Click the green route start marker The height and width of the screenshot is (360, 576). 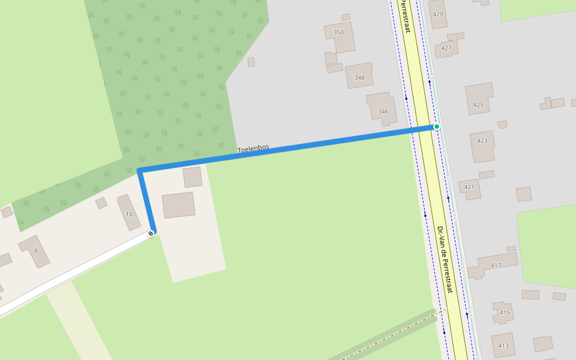tap(437, 127)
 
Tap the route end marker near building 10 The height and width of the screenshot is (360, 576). tap(151, 233)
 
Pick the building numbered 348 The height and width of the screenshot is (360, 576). tap(359, 76)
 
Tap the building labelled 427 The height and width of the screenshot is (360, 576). tap(446, 47)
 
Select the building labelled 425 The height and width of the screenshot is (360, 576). tap(479, 99)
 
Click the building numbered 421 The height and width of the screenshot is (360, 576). tap(470, 188)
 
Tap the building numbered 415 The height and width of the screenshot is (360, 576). tap(505, 312)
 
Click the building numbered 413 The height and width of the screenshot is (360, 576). tap(503, 344)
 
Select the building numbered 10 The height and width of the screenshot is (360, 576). tap(128, 212)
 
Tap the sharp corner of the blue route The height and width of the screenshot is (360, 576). tap(140, 172)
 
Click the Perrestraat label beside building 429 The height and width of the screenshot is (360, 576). tap(407, 16)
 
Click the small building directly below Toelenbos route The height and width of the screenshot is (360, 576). tap(193, 177)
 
